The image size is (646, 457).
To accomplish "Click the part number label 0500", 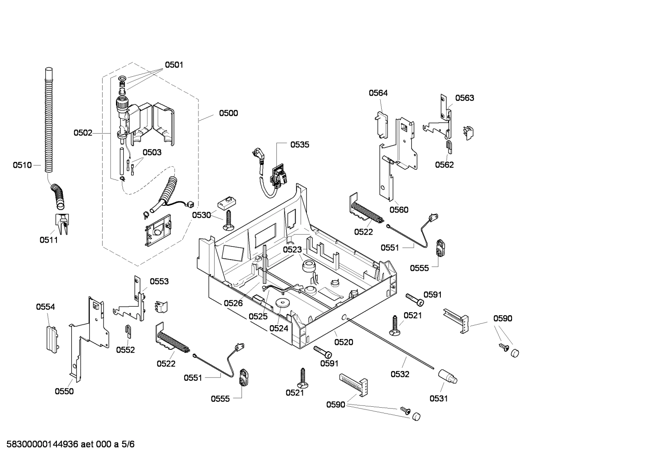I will pos(228,113).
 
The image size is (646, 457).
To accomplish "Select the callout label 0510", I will pos(22,165).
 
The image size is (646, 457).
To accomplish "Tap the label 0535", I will pos(299,144).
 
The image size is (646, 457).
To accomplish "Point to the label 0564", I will pos(378,93).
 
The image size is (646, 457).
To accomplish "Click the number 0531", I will pos(439,398).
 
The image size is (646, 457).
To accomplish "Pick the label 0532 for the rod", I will pos(400,374).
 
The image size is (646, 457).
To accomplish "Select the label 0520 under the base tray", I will pos(344,342).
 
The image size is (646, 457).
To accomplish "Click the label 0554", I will pos(45,307).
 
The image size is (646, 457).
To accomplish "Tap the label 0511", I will pos(48,240).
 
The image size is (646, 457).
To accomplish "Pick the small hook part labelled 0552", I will pos(128,331).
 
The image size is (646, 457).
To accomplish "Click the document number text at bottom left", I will pos(67,444).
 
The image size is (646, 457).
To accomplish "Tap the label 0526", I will pos(233,303).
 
